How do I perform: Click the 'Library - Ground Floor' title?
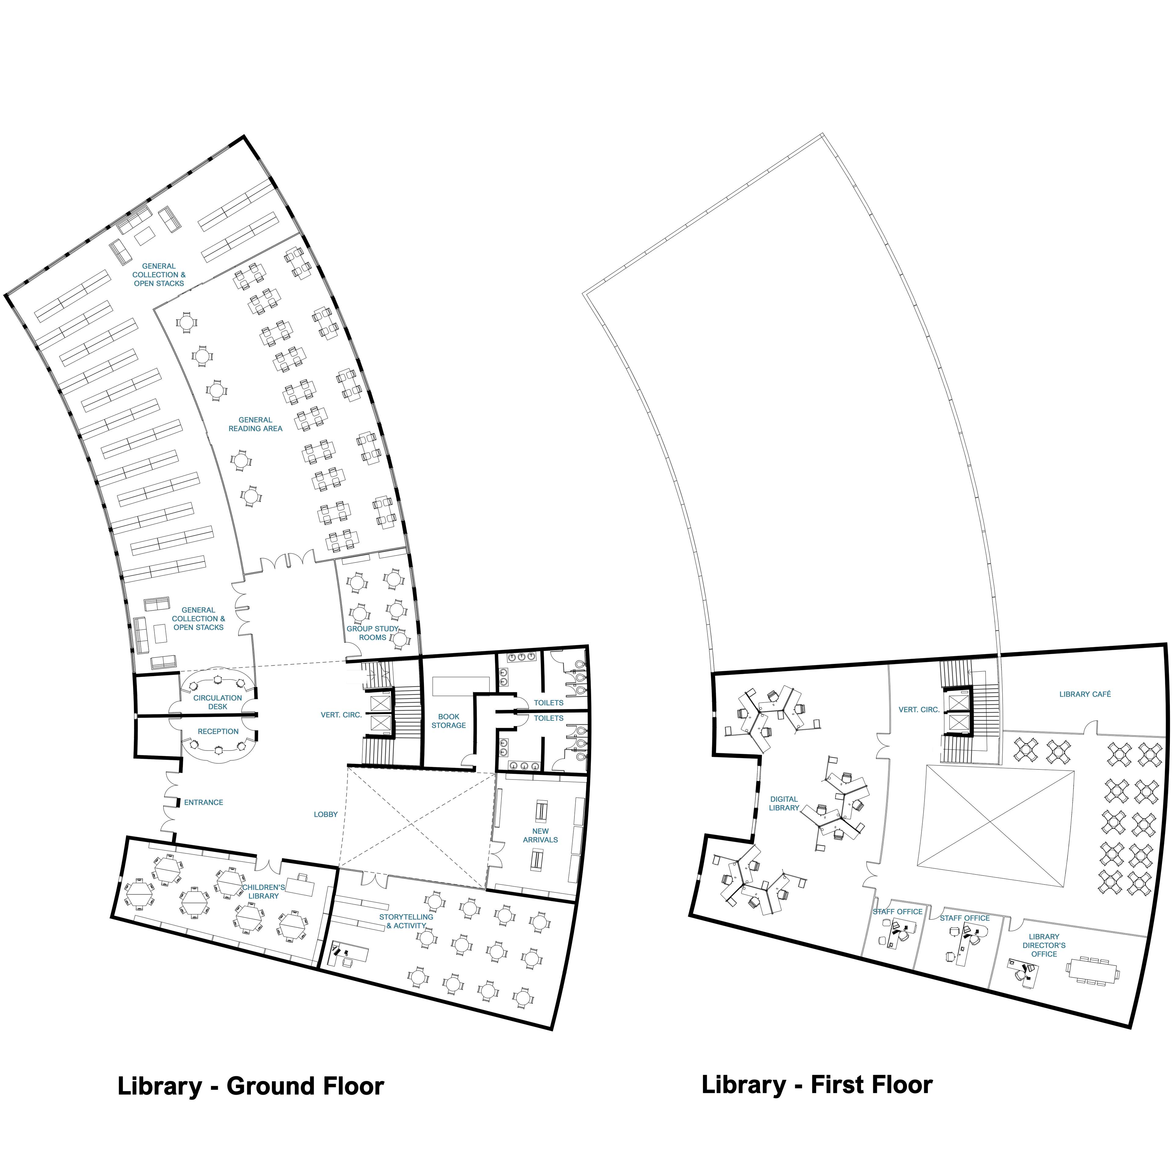tap(251, 1086)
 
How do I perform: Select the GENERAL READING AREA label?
tap(255, 424)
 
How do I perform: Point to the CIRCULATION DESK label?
tap(218, 702)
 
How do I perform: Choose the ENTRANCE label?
tap(204, 803)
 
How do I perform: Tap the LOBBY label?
tap(326, 815)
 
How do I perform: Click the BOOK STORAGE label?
tap(449, 721)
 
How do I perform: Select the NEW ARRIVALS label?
tap(541, 835)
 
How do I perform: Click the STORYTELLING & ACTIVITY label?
tap(407, 921)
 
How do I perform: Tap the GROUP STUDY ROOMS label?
tap(372, 633)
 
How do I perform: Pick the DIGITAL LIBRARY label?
tap(784, 803)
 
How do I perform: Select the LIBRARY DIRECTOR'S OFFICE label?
tap(1044, 945)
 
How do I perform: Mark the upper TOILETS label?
tap(549, 703)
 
